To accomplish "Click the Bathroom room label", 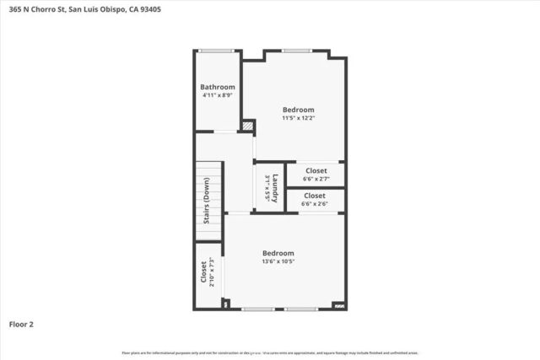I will click(217, 87).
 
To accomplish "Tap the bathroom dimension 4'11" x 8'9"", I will click(217, 95).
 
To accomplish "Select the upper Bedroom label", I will click(298, 110).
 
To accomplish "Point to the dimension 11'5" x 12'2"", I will click(298, 118).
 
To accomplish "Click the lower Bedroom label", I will click(278, 253).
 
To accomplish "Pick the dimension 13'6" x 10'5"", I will click(278, 261).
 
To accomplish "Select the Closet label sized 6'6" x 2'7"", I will click(315, 170).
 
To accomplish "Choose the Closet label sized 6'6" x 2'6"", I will click(315, 196).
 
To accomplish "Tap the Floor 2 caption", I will click(21, 324).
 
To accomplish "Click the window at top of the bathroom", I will click(217, 51).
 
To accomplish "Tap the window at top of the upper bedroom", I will click(295, 51).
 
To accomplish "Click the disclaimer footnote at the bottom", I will click(270, 352).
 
